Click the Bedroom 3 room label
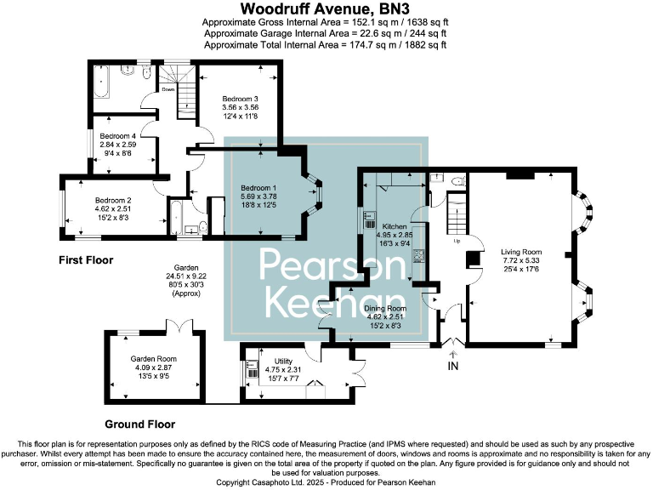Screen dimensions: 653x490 pos(240,99)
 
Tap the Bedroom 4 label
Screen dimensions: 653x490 pos(118,136)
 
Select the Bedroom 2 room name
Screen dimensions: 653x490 pos(113,200)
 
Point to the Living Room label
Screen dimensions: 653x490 pos(521,252)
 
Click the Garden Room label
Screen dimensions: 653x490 pos(154,359)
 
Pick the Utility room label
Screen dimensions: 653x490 pos(283,361)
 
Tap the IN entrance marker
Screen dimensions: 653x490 pos(452,366)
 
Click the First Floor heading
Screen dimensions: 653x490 pos(86,260)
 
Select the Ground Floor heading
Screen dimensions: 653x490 pos(140,424)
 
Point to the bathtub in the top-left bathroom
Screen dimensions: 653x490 pos(102,82)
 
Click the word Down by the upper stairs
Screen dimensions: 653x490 pos(168,89)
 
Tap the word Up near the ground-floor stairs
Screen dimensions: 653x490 pos(457,241)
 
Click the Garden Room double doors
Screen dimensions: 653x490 pos(179,326)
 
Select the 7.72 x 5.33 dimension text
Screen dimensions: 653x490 pos(521,260)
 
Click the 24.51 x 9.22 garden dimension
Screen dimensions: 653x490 pos(186,276)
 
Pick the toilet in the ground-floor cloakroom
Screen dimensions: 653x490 pos(458,180)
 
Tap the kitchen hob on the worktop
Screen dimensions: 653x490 pos(418,255)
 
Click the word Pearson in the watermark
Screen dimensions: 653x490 pos(332,265)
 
